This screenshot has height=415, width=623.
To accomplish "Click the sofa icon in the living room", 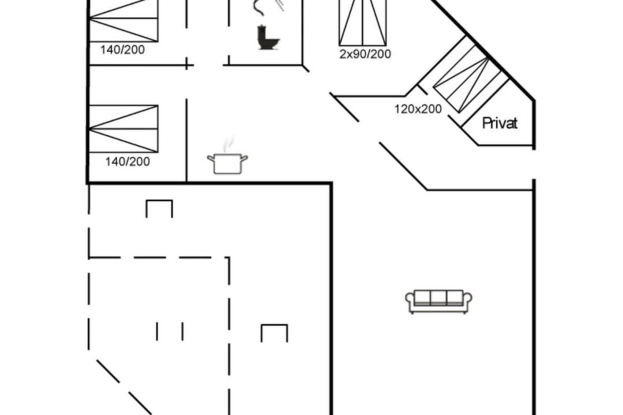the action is (438, 301).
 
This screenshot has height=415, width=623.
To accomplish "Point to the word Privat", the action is (500, 123).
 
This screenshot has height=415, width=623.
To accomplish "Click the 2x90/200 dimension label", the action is (365, 54).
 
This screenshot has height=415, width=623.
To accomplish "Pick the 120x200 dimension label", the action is (418, 109).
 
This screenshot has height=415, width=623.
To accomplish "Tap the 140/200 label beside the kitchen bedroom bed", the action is (127, 161).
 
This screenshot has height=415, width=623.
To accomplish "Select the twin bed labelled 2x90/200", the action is (363, 22).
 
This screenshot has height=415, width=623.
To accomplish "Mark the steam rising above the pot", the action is (228, 144).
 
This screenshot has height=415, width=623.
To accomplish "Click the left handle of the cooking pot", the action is (211, 159).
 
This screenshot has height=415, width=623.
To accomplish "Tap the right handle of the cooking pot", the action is (245, 159).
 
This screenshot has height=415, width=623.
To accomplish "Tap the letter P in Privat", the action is (486, 123).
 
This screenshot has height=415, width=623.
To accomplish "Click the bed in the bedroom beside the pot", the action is (123, 129).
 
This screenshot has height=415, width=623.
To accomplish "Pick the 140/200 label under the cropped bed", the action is (122, 50).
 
